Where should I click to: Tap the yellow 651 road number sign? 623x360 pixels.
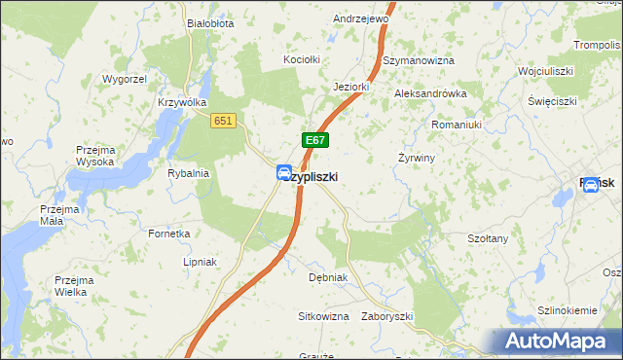[x=224, y=119]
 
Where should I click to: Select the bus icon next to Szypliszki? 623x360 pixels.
[x=283, y=173]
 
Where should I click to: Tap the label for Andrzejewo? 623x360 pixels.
[x=361, y=18]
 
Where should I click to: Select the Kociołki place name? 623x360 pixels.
[x=302, y=60]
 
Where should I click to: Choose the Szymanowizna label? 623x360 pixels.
[x=419, y=60]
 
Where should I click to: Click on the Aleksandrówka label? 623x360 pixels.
[x=430, y=93]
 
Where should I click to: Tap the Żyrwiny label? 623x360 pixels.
[x=417, y=158]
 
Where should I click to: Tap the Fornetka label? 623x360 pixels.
[x=168, y=234]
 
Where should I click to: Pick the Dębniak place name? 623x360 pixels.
[x=328, y=277]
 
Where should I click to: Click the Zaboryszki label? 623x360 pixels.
[x=387, y=317]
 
